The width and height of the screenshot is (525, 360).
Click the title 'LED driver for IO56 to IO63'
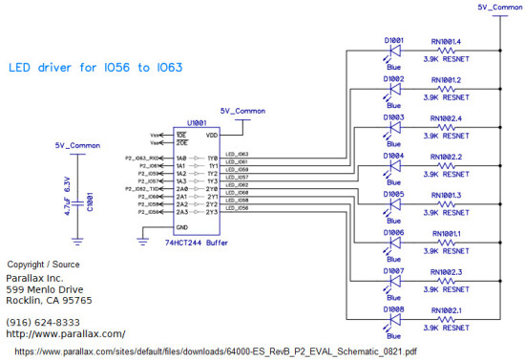[95, 69]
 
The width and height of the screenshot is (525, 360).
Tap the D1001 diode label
[393, 40]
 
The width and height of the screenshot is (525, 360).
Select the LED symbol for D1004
[392, 166]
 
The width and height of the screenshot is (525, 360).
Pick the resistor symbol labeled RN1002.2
[446, 166]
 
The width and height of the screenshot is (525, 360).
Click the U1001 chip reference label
[197, 123]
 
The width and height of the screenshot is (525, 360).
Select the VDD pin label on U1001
[212, 134]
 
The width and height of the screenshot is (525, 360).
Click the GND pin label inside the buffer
[181, 229]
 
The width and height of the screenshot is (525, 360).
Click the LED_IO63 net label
[237, 154]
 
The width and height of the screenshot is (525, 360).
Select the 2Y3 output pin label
[212, 211]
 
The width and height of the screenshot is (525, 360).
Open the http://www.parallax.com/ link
[65, 334]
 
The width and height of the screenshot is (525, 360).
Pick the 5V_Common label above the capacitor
[77, 146]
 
